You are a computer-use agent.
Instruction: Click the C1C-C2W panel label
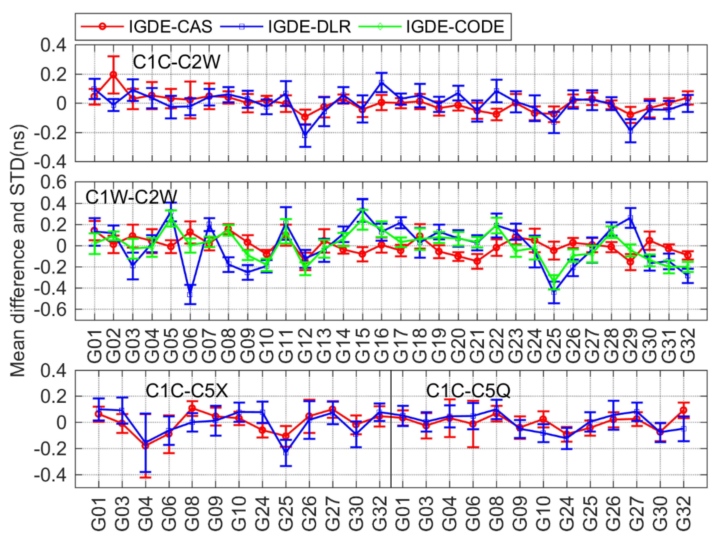177,62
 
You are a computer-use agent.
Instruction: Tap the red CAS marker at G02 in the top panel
114,74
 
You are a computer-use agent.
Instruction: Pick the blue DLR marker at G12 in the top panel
305,135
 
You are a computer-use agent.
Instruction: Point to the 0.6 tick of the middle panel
54,183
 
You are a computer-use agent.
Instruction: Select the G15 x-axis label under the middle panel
362,345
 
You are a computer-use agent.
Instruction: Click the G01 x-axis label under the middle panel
95,345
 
